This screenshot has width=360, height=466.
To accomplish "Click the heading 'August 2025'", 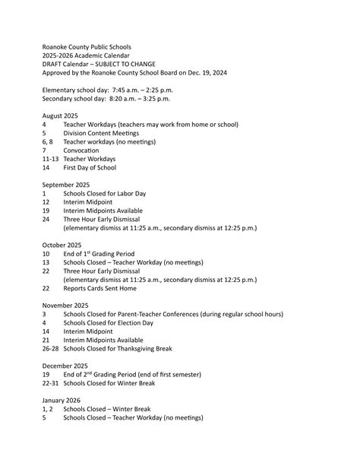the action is pyautogui.click(x=60, y=115).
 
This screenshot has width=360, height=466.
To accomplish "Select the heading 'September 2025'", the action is pyautogui.click(x=66, y=185).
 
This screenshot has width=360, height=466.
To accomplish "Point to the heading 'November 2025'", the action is pyautogui.click(x=65, y=305).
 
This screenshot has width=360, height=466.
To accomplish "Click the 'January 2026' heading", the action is pyautogui.click(x=62, y=400).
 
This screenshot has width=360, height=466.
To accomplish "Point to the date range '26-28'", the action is pyautogui.click(x=50, y=348).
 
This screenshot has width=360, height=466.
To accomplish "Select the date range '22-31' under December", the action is pyautogui.click(x=50, y=383).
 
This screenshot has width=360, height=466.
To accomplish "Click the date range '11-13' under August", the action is pyautogui.click(x=50, y=159).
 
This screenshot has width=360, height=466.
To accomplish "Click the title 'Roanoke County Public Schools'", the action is pyautogui.click(x=87, y=46).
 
